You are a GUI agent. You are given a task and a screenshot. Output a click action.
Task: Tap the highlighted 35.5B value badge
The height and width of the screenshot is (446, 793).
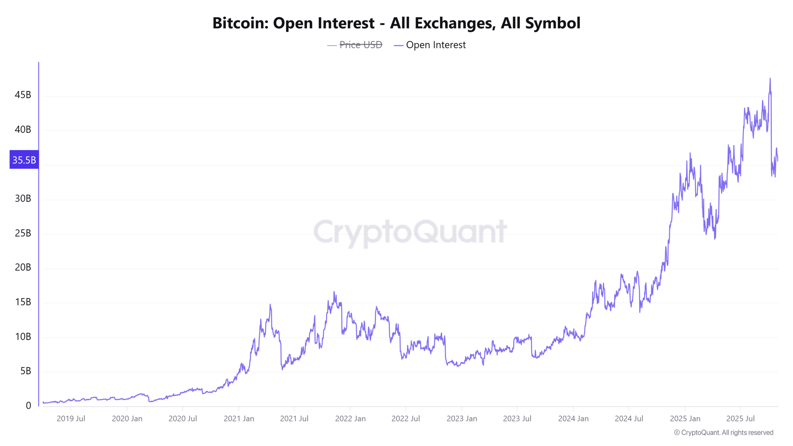tap(24, 160)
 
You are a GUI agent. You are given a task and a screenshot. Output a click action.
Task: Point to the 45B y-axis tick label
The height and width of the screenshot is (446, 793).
tap(23, 95)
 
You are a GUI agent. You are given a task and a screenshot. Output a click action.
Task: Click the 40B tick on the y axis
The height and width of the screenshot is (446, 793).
tap(23, 129)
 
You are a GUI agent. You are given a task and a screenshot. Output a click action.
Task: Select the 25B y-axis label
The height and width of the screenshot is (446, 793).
tap(23, 233)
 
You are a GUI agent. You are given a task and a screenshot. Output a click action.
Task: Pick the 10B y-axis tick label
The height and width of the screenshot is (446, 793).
tap(23, 337)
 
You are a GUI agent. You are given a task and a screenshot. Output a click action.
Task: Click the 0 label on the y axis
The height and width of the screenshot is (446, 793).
tap(28, 406)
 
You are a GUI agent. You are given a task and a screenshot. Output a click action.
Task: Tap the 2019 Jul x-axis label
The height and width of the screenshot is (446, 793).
tap(71, 419)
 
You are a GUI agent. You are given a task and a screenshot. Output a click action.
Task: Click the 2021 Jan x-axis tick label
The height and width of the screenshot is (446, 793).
tap(239, 419)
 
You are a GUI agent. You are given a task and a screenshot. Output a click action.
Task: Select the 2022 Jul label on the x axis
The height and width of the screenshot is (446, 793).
tap(405, 419)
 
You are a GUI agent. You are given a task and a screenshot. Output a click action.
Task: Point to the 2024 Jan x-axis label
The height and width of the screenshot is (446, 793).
tap(573, 419)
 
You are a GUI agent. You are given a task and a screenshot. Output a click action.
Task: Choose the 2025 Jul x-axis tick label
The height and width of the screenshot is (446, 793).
tap(740, 419)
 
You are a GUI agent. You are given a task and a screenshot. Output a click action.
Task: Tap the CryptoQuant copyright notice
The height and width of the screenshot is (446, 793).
tap(724, 433)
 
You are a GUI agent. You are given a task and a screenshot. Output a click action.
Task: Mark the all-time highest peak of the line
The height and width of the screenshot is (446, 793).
tap(770, 79)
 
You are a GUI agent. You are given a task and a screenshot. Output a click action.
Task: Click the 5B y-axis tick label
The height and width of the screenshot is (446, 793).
tap(26, 371)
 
